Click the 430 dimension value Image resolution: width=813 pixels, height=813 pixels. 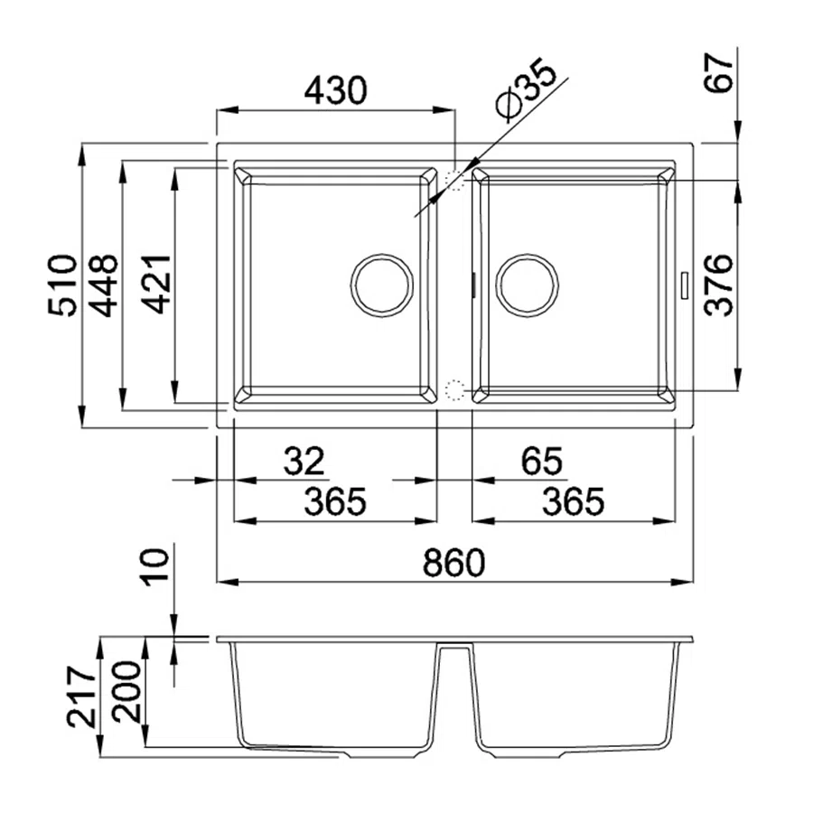pos(335,90)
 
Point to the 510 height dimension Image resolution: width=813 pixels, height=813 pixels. pos(62,285)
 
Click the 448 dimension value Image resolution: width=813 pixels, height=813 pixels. pos(103,285)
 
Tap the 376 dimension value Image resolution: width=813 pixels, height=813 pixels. pos(719,285)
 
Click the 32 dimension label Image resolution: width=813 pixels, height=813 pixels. pos(304,461)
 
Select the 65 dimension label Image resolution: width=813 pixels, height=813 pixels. pos(542,461)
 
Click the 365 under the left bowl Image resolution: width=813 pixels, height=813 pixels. pos(335,501)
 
